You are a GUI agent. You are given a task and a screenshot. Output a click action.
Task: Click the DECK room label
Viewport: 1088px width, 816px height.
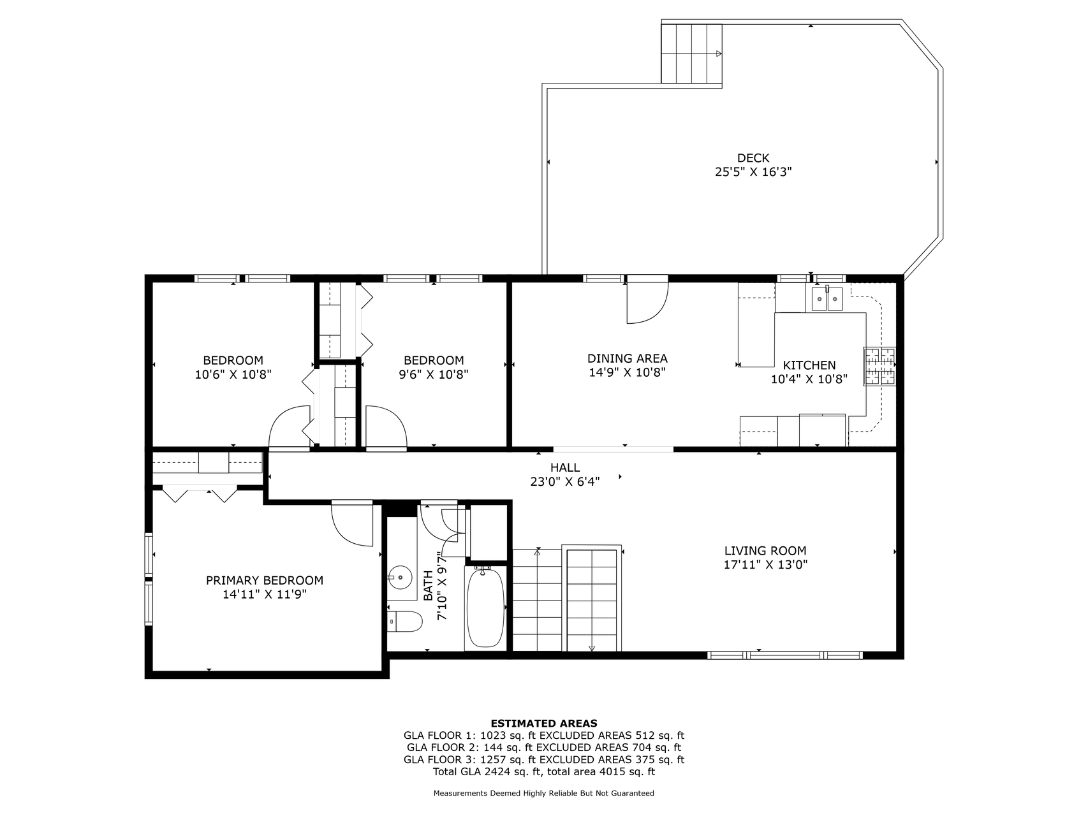tap(753, 157)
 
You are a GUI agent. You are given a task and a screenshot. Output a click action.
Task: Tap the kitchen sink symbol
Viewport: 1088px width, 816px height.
tap(827, 299)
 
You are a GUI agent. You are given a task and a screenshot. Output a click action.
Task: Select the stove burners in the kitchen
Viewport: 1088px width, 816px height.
tap(879, 366)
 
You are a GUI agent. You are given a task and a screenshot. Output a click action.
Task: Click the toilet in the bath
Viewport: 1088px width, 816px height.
tap(406, 621)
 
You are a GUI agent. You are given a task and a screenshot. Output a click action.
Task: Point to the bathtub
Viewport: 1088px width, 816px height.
tap(486, 608)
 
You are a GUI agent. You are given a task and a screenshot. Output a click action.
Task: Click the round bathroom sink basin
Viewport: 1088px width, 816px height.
tap(401, 577)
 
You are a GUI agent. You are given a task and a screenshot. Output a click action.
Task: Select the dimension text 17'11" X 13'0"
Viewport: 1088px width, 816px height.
tap(765, 564)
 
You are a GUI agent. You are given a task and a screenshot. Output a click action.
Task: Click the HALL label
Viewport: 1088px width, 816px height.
tap(565, 468)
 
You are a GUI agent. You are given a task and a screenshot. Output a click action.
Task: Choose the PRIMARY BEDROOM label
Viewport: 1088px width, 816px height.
tap(264, 580)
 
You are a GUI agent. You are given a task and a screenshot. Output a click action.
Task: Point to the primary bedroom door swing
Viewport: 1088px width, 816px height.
tap(352, 523)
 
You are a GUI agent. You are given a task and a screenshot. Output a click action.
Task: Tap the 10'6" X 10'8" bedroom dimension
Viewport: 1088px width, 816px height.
tap(233, 374)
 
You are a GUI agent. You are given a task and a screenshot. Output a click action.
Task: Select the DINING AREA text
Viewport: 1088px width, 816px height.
tap(627, 358)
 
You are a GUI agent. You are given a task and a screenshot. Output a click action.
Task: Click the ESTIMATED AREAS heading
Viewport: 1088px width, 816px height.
tap(543, 723)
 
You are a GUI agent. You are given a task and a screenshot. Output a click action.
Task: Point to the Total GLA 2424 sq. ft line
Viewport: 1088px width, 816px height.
tap(543, 771)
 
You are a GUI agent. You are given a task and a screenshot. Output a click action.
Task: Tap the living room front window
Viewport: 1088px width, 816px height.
tap(784, 655)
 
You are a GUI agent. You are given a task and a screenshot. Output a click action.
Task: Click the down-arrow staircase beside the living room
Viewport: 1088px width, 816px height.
tap(592, 599)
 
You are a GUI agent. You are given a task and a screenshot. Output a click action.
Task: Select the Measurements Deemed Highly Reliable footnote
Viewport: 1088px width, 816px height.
tap(543, 794)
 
